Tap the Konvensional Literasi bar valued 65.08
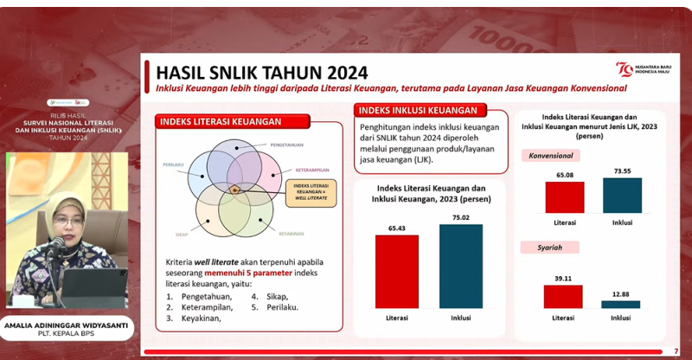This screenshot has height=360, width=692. (x=565, y=197)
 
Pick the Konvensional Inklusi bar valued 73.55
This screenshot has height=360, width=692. (x=622, y=195)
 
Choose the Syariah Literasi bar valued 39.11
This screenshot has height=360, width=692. (x=565, y=296)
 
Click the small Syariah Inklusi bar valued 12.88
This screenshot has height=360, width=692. (x=622, y=304)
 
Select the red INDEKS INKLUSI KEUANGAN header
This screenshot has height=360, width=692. (x=418, y=111)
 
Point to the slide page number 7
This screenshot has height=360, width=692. (x=676, y=350)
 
